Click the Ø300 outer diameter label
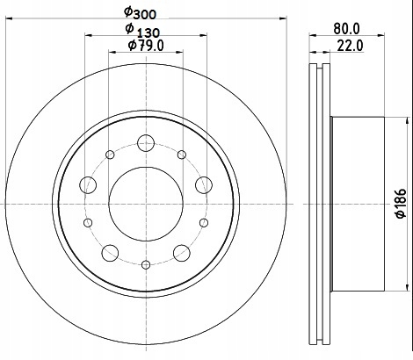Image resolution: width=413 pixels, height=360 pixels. tap(140, 12)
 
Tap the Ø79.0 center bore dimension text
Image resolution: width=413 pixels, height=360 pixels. tap(146, 46)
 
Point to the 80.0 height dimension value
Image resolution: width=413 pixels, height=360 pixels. tap(346, 28)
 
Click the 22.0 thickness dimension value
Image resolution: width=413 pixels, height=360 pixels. tap(350, 46)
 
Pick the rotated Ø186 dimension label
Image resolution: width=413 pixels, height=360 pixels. tap(401, 204)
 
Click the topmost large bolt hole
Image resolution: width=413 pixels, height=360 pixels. tap(146, 143)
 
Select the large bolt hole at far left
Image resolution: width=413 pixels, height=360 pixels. tap(88, 185)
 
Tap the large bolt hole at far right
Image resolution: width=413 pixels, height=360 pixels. tap(204, 185)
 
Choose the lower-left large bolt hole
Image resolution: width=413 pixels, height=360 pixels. tap(110, 253)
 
